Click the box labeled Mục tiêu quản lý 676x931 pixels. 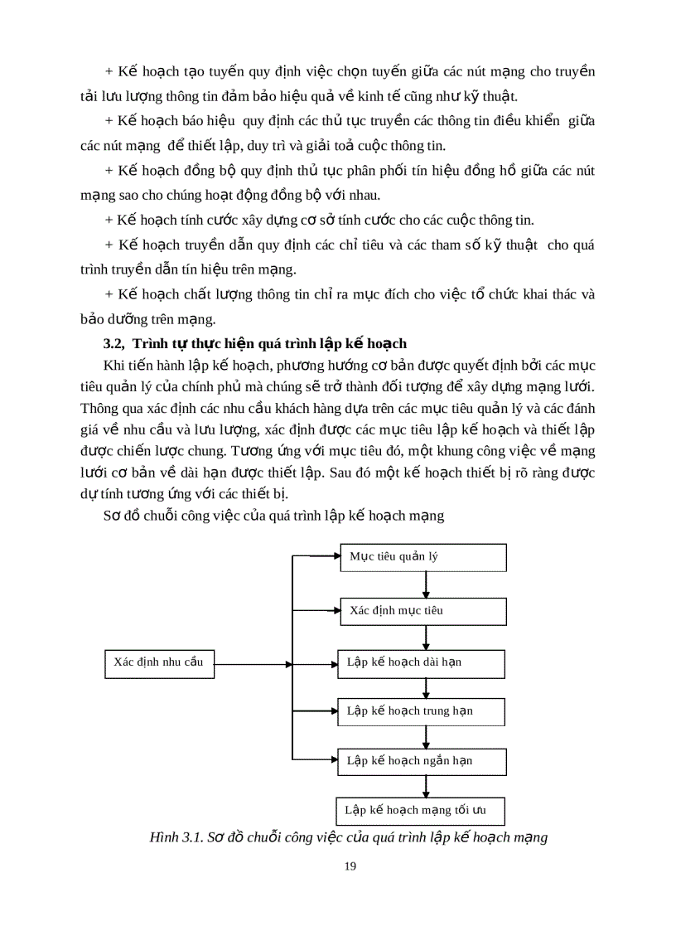coord(423,557)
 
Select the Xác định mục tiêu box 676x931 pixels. coord(423,611)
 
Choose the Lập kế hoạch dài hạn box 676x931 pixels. coord(421,663)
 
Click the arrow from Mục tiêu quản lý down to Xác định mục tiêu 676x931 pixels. coord(426,584)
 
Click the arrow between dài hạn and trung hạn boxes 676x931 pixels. coord(426,687)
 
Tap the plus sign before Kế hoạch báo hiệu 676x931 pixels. coord(109,120)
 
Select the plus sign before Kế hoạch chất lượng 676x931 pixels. coord(109,294)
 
